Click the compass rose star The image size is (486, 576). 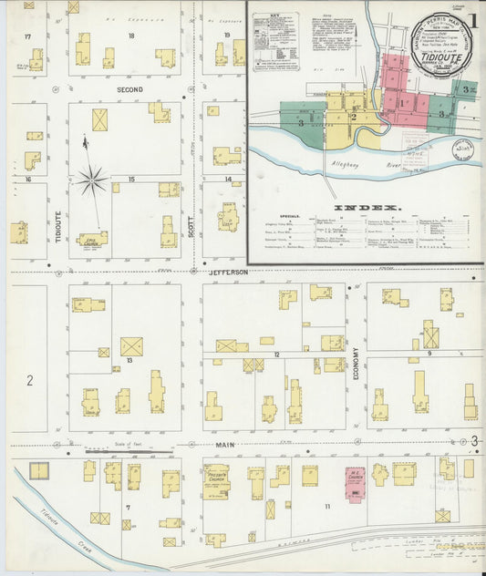[x=91, y=180]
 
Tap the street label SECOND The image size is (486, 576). [x=129, y=90]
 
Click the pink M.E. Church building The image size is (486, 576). [x=355, y=481]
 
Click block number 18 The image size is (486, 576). [x=131, y=36]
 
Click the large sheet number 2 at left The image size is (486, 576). [x=29, y=379]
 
